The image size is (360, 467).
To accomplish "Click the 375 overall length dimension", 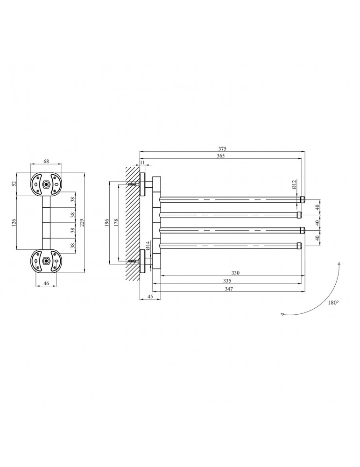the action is [x=222, y=149].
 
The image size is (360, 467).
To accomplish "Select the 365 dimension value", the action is [x=221, y=156].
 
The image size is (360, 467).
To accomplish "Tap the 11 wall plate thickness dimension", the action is [x=142, y=162].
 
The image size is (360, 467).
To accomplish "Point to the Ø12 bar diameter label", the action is [x=293, y=184].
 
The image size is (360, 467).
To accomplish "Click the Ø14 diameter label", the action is [x=148, y=246].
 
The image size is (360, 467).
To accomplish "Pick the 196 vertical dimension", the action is [x=107, y=222].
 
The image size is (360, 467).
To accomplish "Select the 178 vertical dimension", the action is [x=116, y=222].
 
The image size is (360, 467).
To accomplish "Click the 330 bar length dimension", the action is [x=235, y=273].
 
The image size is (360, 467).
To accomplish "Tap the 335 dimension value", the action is [x=227, y=281].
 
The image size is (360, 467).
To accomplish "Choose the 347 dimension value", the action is [x=229, y=288].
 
